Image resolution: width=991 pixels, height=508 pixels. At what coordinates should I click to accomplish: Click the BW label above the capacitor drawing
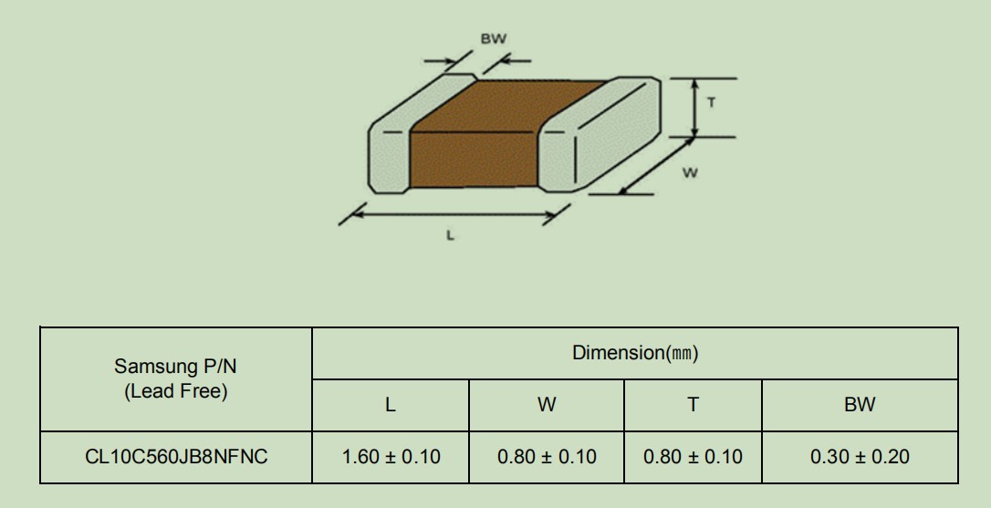[x=494, y=38]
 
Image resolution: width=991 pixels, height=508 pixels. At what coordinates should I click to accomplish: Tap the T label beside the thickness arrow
[x=712, y=102]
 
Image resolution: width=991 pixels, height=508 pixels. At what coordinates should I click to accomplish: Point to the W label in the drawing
[x=691, y=172]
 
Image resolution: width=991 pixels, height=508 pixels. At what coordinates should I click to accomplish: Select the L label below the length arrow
[x=450, y=235]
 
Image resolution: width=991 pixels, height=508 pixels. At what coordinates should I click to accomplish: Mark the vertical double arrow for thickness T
[x=695, y=108]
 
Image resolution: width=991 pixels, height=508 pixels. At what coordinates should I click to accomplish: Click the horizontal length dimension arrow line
[x=454, y=215]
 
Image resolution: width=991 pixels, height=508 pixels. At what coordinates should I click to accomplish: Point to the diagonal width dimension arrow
[x=656, y=166]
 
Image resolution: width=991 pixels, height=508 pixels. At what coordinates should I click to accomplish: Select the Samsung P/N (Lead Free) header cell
[x=176, y=378]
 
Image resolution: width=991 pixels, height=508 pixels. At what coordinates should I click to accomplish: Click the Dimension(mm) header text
[x=635, y=353]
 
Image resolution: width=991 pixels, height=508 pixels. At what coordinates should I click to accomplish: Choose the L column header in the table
[x=390, y=404]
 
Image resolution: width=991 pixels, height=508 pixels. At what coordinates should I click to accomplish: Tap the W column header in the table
[x=547, y=404]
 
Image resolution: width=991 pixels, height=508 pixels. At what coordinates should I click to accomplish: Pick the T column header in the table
[x=694, y=404]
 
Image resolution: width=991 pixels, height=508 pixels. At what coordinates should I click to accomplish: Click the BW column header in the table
[x=860, y=404]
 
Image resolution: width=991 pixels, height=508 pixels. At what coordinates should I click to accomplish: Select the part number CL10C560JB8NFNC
[x=176, y=456]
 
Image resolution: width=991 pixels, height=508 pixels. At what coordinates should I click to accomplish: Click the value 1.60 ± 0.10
[x=391, y=456]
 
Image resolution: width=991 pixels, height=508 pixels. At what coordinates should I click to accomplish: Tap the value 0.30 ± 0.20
[x=860, y=456]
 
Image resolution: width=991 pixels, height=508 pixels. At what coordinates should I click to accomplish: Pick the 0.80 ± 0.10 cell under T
[x=693, y=456]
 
